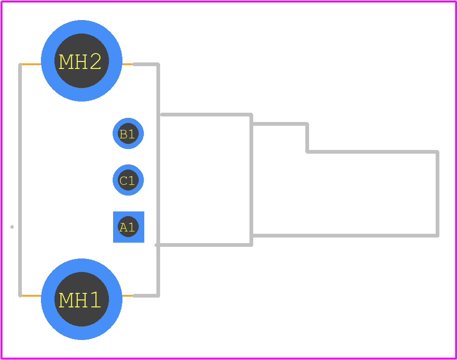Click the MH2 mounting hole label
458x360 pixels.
tap(80, 61)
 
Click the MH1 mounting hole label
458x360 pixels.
tap(80, 300)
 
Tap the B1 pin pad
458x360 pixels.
tap(128, 133)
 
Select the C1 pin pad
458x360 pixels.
tap(128, 180)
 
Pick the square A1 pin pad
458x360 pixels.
tap(128, 227)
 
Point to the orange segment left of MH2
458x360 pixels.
tap(31, 64)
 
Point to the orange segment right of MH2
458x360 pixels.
tap(128, 64)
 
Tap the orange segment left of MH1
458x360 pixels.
tap(31, 296)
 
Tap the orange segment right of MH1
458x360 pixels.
tap(128, 296)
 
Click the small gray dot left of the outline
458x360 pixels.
tap(12, 227)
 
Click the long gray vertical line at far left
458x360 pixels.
tap(20, 180)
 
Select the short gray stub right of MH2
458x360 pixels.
tap(146, 64)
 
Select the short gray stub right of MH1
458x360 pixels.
tap(146, 296)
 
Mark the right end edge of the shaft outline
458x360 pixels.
tap(438, 194)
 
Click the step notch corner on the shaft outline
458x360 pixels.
tap(307, 152)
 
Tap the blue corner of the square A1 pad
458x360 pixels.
tap(114, 212)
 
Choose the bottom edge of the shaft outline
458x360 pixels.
tap(345, 236)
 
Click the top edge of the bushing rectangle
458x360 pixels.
tap(206, 114)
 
